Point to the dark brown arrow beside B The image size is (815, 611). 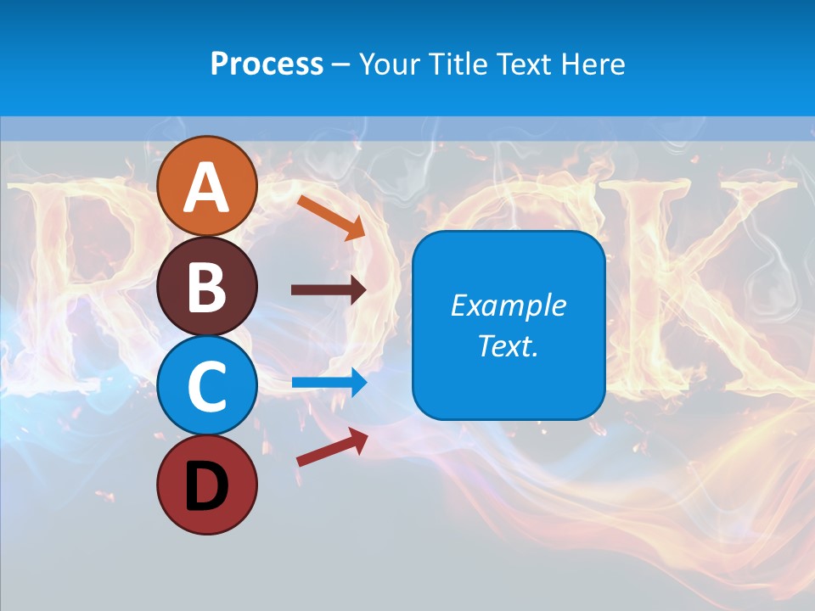coord(328,289)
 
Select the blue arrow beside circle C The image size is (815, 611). coord(329,382)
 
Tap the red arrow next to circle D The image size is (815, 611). coord(331,446)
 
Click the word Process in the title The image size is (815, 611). coord(267,64)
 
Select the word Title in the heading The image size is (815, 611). coord(455,64)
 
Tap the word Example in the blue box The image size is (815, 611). coord(508,305)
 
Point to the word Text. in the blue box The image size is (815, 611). coord(508,346)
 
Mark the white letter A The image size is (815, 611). coord(206,187)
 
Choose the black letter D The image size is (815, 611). coord(206,485)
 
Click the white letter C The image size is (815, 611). coord(206,387)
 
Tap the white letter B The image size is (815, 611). coord(206,287)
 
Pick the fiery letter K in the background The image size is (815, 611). coord(730,280)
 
